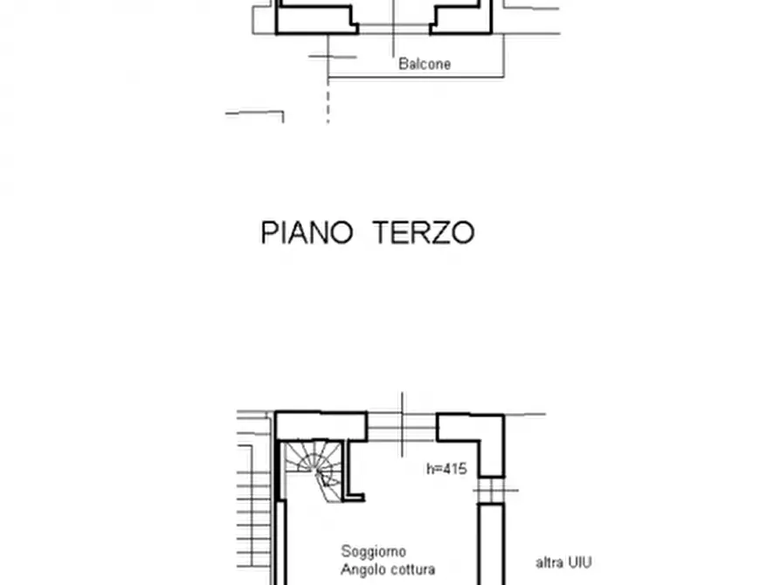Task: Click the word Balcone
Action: pos(425,64)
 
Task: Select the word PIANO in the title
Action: pos(306,233)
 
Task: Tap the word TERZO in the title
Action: pos(424,233)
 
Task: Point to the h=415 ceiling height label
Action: pos(446,469)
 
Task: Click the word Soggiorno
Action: pos(373,552)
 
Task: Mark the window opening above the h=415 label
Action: pos(402,426)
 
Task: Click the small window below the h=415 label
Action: pos(491,490)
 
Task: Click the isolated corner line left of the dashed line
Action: pos(258,114)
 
